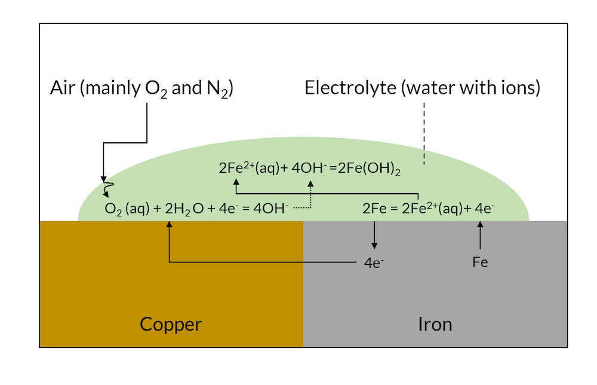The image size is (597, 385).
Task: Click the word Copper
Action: point(171,325)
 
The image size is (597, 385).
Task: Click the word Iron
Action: point(435,325)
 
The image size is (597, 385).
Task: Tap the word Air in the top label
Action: point(63,88)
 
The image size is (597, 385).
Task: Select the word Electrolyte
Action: point(350,88)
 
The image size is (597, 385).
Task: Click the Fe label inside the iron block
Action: point(480,262)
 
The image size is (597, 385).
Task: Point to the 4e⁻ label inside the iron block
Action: point(374,262)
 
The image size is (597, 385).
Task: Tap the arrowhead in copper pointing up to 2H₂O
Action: point(170,225)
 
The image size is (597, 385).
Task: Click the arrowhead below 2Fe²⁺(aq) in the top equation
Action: point(237,182)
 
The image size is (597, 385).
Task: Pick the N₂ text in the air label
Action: point(217,90)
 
